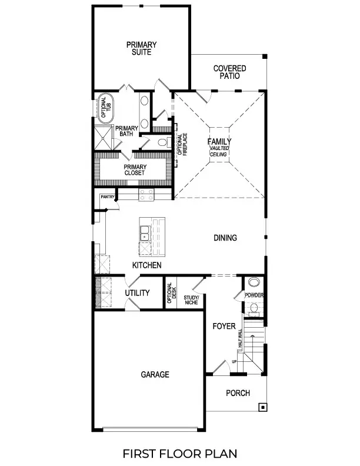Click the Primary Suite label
[x=141, y=48]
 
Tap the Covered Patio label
[x=229, y=72]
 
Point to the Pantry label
[x=106, y=197]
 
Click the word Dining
[x=225, y=238]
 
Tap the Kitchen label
[x=146, y=266]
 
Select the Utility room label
[x=137, y=293]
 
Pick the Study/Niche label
[x=191, y=301]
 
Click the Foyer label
[x=224, y=326]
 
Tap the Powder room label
[x=254, y=295]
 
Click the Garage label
[x=155, y=374]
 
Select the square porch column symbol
[x=262, y=407]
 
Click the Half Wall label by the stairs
[x=239, y=340]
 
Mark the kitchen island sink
[x=145, y=237]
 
